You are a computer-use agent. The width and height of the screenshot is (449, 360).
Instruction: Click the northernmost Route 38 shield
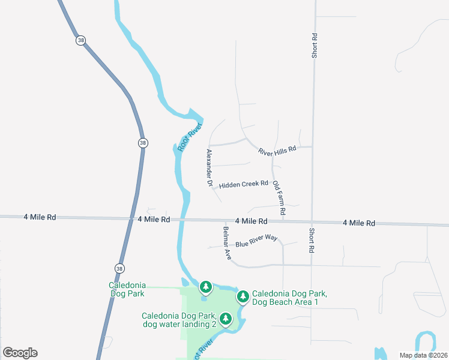[x=81, y=41]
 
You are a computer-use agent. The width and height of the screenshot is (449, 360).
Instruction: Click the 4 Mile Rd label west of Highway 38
[x=40, y=217]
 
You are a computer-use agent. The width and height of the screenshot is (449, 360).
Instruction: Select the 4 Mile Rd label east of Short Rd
[x=358, y=223]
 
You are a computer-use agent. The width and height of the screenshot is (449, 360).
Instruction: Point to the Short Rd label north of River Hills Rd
[x=314, y=46]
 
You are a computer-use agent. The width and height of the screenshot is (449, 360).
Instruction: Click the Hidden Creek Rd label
[x=243, y=185]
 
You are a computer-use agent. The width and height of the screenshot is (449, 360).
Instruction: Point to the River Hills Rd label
[x=277, y=150]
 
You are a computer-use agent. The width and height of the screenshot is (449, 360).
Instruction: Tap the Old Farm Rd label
[x=279, y=198]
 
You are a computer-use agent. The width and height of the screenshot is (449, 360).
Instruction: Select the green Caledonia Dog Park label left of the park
[x=127, y=290]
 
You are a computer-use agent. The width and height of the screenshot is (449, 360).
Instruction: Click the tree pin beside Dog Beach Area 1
[x=243, y=296]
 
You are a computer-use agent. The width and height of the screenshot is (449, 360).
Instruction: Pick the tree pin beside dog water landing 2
[x=226, y=319]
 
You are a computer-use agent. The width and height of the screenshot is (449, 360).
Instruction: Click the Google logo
[x=20, y=353]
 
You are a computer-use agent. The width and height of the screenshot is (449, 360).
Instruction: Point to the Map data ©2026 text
[x=423, y=355]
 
